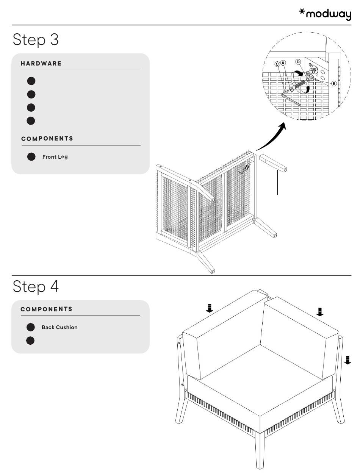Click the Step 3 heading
pos(36,39)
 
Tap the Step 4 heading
pos(36,286)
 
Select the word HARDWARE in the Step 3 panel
pos(41,63)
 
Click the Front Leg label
pos(55,157)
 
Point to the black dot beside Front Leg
pos(31,157)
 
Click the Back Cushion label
pos(59,327)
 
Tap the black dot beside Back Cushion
pos(31,327)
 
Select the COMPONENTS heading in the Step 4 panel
pos(46,309)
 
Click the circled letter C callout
pos(277,64)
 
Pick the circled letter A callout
pos(283,62)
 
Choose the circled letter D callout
pos(298,62)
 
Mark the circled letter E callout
pos(334,83)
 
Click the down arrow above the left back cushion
pos(209,308)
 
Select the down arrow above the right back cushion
pos(320,311)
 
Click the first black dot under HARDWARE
pos(31,81)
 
